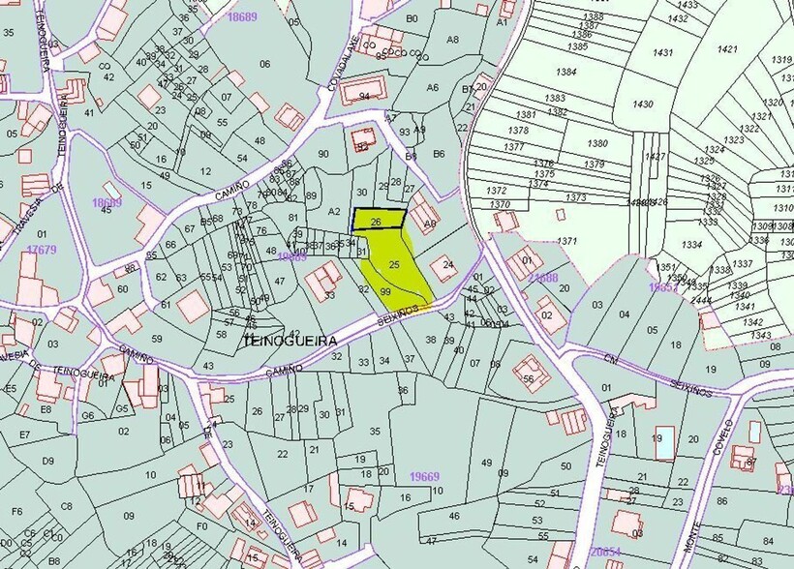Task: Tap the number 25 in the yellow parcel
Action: pyautogui.click(x=394, y=263)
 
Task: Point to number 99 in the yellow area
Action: pyautogui.click(x=385, y=291)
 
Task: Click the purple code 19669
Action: pyautogui.click(x=424, y=476)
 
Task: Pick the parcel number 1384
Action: pyautogui.click(x=566, y=72)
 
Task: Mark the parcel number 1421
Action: pyautogui.click(x=727, y=48)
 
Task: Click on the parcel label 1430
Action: pyautogui.click(x=642, y=104)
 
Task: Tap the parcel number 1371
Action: pyautogui.click(x=566, y=241)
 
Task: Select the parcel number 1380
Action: pyautogui.click(x=597, y=143)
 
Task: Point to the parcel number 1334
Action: pyautogui.click(x=692, y=245)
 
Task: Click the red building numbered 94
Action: pyautogui.click(x=364, y=96)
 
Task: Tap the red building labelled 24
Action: pyautogui.click(x=447, y=264)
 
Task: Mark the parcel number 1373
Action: pyautogui.click(x=576, y=197)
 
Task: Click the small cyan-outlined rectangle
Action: pyautogui.click(x=662, y=441)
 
